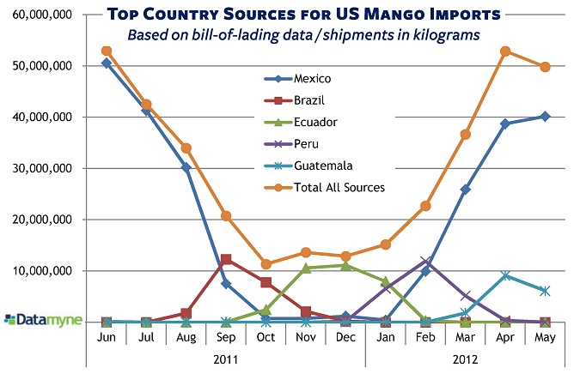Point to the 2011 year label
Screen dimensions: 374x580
click(x=225, y=359)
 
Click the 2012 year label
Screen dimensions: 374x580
click(x=465, y=359)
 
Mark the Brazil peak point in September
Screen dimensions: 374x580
click(x=226, y=259)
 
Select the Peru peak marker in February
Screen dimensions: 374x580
click(x=425, y=260)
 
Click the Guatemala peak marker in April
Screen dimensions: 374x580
click(x=505, y=275)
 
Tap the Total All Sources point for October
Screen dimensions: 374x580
click(x=266, y=264)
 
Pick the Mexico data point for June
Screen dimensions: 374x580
click(x=107, y=63)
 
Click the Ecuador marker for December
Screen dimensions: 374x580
click(x=345, y=266)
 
